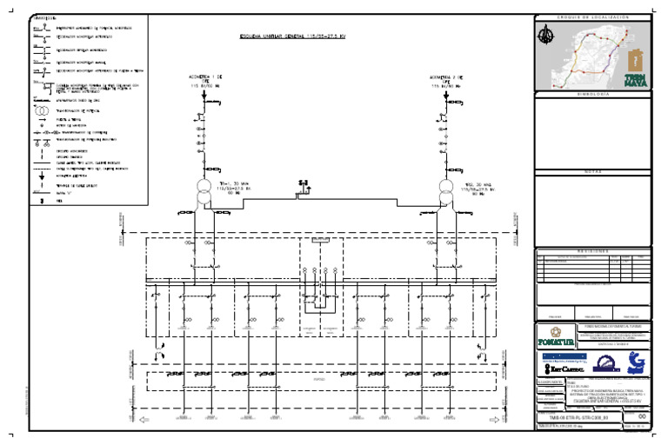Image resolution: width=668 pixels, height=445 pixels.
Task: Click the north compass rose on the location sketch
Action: click(x=545, y=35)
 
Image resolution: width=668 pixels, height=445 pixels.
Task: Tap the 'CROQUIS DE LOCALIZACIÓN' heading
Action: click(x=591, y=17)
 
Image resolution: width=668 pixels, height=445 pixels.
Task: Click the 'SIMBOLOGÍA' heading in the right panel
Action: click(x=591, y=93)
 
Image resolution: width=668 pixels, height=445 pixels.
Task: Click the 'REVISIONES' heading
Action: click(x=591, y=249)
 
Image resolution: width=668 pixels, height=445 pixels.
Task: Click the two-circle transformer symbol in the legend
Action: click(x=41, y=112)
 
